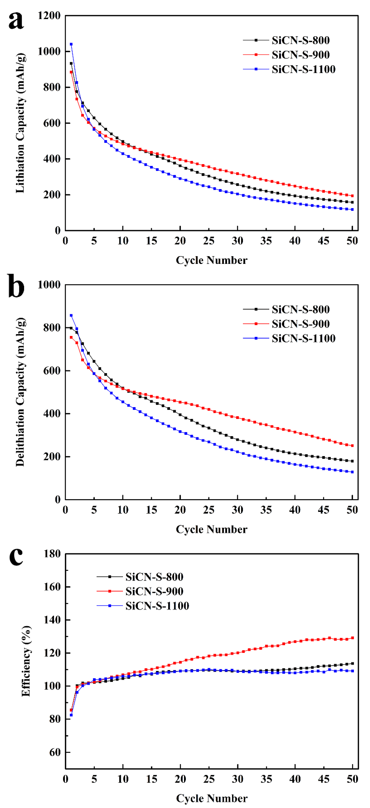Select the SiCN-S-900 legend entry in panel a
click(x=300, y=55)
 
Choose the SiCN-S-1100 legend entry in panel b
click(x=303, y=338)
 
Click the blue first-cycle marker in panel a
click(x=71, y=44)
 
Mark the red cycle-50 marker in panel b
click(x=352, y=445)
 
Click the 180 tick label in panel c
click(x=52, y=554)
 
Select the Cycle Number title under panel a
click(x=212, y=260)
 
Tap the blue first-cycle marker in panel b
click(x=71, y=315)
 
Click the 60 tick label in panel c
click(x=55, y=752)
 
